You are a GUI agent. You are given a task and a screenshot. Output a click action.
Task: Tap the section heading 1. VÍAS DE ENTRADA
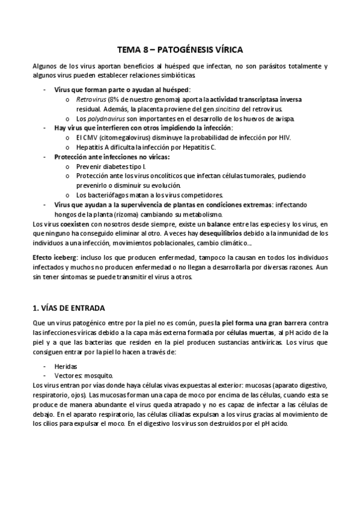click(x=68, y=307)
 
